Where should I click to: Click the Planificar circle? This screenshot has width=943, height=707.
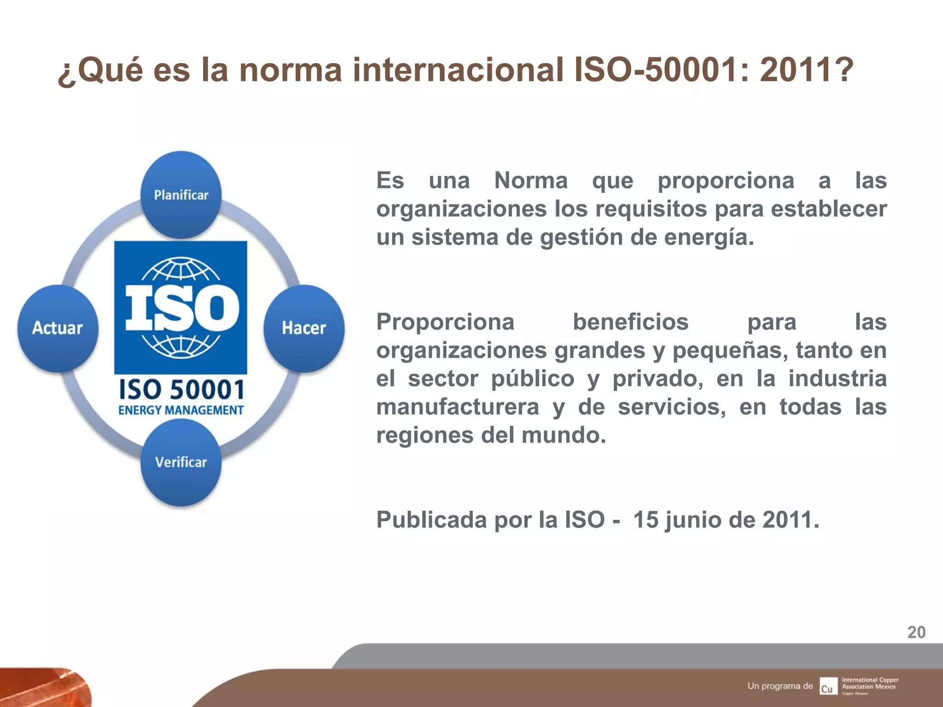pos(181,195)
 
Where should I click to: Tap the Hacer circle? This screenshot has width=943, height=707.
pos(304,328)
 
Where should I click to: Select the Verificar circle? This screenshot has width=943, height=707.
pos(181,462)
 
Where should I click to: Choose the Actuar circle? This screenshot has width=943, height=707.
pos(58,328)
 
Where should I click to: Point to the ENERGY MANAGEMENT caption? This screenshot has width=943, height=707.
pos(181,410)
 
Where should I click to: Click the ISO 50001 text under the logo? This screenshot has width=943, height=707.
pos(181,389)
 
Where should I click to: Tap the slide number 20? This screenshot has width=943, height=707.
pos(916,632)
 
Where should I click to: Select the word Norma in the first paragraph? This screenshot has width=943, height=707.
pos(531,180)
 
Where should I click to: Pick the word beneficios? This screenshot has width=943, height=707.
pos(630,322)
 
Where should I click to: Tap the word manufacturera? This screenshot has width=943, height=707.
pos(458,407)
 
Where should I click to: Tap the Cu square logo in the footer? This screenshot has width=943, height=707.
pos(828,686)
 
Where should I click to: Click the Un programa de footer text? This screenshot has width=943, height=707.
pos(780,686)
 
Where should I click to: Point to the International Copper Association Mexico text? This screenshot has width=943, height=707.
pos(869,683)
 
